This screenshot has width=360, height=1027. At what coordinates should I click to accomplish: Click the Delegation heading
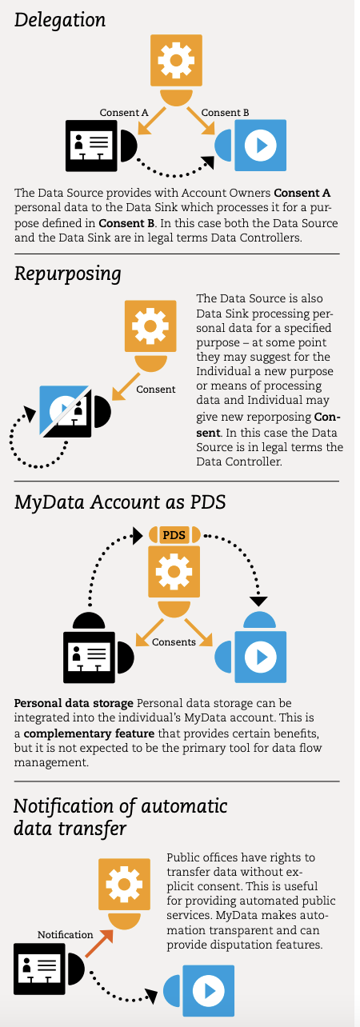point(60,21)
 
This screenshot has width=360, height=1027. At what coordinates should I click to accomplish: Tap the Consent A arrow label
point(124,112)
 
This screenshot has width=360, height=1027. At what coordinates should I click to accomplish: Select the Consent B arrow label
point(225,112)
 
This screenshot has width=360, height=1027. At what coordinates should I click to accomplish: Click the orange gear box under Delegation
point(176,60)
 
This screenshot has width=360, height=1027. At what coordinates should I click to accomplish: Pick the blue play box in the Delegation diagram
point(261,146)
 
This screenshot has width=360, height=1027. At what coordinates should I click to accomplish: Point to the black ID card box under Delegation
point(91,146)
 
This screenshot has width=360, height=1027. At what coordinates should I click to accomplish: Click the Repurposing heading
point(68,274)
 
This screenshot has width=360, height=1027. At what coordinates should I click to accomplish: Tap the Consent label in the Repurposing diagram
point(155,390)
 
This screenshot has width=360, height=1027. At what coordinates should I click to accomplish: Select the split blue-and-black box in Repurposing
point(65,411)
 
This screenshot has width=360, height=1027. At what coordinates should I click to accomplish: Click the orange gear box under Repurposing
point(150,326)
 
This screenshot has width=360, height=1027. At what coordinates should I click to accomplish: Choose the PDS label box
point(174,535)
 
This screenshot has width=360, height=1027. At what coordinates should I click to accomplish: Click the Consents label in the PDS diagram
point(174,641)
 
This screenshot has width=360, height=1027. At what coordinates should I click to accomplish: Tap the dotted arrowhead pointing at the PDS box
point(138,536)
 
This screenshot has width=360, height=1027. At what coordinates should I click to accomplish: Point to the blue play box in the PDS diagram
point(261,657)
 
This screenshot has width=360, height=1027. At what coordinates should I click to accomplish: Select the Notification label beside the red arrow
point(65,934)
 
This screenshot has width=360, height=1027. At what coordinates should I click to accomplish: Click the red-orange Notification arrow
point(99,943)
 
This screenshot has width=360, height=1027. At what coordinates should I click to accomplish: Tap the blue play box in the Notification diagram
point(209,991)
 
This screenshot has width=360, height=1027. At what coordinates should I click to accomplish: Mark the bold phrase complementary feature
point(89,733)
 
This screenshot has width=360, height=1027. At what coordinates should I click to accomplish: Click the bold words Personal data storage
point(74,703)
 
